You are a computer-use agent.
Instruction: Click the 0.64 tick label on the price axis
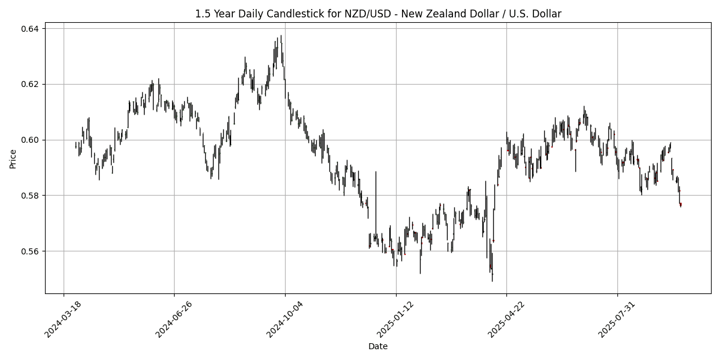[x=31, y=29]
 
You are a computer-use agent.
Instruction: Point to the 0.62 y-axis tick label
[x=31, y=84]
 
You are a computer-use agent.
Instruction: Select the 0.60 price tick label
[x=31, y=140]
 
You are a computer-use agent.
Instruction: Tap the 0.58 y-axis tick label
[x=31, y=196]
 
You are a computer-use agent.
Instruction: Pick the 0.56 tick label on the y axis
[x=31, y=251]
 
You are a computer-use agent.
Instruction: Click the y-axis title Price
[x=13, y=159]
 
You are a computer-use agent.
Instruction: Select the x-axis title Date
[x=378, y=347]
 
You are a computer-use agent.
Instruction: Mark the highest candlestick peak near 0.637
[x=281, y=35]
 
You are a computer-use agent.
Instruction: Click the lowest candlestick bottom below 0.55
[x=492, y=281]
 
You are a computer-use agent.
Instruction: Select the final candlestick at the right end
[x=680, y=205]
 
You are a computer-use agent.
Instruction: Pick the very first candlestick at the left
[x=76, y=145]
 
